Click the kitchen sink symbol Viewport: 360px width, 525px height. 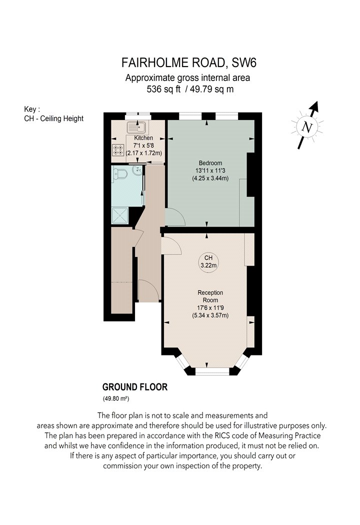[135, 127]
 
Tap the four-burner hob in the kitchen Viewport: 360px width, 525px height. [118, 149]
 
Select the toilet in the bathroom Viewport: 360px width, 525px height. [120, 173]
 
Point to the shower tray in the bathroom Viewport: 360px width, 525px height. [119, 215]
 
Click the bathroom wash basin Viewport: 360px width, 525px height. [137, 170]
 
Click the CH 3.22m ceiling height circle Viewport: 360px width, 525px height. [208, 262]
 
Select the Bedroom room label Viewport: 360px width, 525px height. [210, 163]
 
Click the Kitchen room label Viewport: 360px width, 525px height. [143, 138]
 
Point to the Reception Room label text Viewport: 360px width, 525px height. [210, 296]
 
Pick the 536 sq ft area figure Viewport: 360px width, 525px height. [163, 89]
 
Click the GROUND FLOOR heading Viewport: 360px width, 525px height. [134, 387]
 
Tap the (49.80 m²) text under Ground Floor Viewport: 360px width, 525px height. [116, 399]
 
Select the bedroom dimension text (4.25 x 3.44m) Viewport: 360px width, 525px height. [210, 178]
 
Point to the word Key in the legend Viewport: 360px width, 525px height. [30, 109]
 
